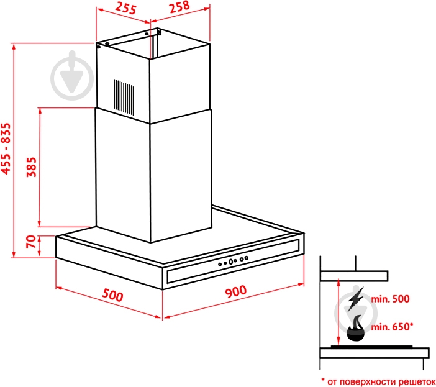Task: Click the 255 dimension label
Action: click(x=125, y=8)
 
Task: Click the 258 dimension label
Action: click(x=179, y=7)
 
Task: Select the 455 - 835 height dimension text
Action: click(x=6, y=148)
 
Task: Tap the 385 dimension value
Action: click(x=32, y=167)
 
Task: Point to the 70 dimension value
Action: click(x=31, y=242)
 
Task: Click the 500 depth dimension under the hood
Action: click(x=112, y=295)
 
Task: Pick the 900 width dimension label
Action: click(x=236, y=291)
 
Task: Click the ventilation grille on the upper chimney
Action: click(x=124, y=98)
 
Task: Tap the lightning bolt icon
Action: click(x=355, y=299)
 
